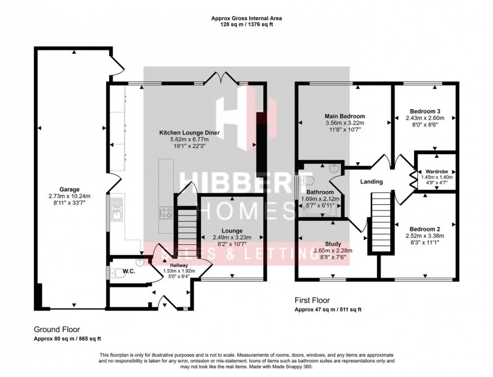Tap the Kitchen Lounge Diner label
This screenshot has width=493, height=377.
pos(190,133)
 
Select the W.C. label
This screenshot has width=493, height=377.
pos(129,270)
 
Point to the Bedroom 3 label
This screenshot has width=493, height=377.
pos(425,112)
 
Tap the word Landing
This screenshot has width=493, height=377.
pos(372,181)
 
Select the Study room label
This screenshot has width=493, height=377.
pos(325,243)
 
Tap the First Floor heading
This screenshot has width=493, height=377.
pos(314,300)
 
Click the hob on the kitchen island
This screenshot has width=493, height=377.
pos(166,213)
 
